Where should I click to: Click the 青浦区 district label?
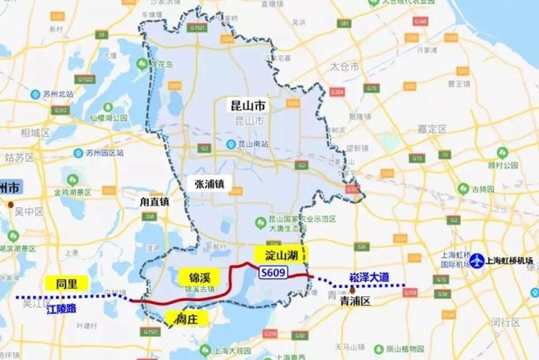(x=355, y=302)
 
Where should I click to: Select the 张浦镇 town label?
(x=209, y=184)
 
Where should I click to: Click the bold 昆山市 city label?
(x=246, y=106)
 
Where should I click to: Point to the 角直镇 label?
(x=155, y=202)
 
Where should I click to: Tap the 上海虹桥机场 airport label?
(x=512, y=261)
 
